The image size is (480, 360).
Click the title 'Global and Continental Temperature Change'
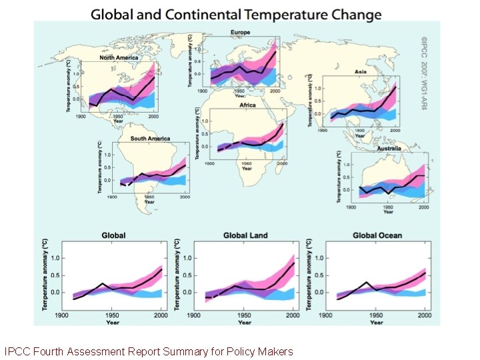tap(237, 14)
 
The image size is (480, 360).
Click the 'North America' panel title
tap(119, 58)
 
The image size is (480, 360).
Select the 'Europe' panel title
tap(241, 33)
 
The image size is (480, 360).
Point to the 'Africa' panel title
tap(247, 105)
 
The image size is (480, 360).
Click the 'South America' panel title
tap(150, 139)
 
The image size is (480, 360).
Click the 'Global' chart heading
tap(113, 235)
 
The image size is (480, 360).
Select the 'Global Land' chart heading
tap(245, 235)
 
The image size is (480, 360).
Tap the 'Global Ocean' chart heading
tap(377, 235)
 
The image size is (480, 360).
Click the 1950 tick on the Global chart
tap(111, 315)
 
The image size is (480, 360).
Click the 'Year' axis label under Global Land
tap(244, 323)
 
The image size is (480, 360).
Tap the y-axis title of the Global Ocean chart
tap(311, 273)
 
